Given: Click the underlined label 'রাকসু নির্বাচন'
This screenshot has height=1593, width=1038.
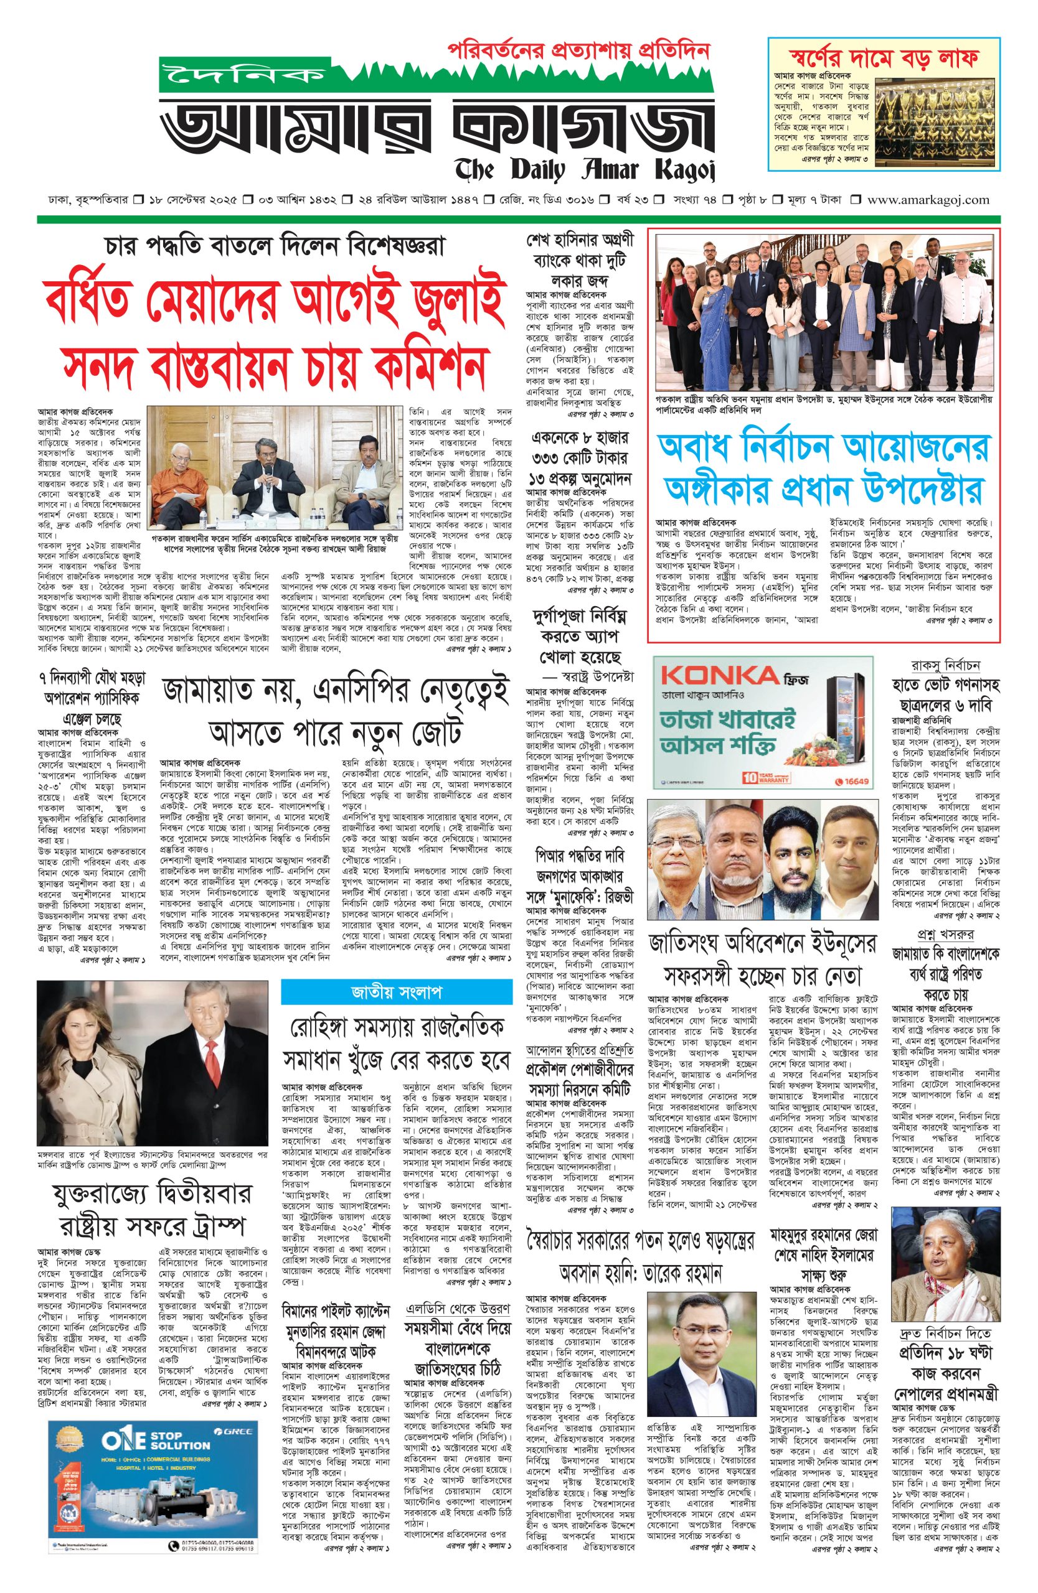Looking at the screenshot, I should pos(946,666).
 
